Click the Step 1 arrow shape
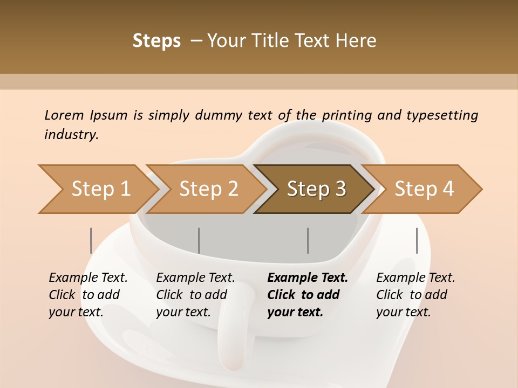click(97, 189)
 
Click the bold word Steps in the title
click(156, 41)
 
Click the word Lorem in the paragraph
click(64, 115)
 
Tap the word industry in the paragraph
click(71, 135)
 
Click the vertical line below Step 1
click(91, 240)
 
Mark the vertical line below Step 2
click(199, 240)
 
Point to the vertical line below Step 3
click(308, 240)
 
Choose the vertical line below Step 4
click(417, 240)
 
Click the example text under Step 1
click(88, 295)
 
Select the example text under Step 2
click(195, 295)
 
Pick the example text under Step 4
click(415, 295)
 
